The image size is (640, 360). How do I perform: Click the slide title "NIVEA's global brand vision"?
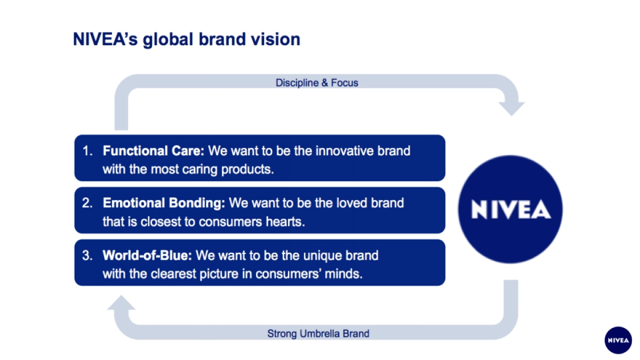point(186,39)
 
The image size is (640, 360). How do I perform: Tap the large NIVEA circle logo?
point(511,210)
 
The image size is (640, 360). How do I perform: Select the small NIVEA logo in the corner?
point(618,340)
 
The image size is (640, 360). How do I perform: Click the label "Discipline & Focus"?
point(317,83)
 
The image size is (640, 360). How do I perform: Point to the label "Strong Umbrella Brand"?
point(318,334)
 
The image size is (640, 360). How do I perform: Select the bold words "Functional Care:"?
point(154,151)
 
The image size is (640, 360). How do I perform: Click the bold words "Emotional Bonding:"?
point(164,203)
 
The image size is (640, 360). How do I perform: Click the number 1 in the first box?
point(86,151)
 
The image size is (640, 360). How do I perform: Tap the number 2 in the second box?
point(87,203)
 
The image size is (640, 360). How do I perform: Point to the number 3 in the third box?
point(87,255)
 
